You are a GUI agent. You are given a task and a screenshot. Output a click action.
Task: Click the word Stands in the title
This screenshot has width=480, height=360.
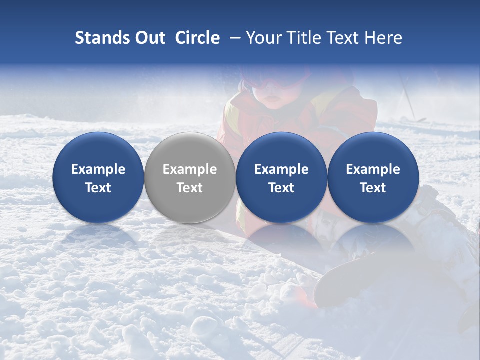pos(100,38)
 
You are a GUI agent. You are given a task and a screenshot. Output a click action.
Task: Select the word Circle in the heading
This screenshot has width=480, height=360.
pos(197,38)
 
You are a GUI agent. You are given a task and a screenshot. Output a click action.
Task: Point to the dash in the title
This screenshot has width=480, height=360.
pos(235,38)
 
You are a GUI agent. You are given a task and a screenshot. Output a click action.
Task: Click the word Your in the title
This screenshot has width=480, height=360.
pos(262,38)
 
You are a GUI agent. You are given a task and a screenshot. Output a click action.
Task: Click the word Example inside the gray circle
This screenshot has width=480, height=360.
pos(189,169)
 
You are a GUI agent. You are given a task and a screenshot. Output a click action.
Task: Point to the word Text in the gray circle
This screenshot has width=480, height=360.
pos(189,188)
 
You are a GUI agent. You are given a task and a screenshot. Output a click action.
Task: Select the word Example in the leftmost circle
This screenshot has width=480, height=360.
pos(98,169)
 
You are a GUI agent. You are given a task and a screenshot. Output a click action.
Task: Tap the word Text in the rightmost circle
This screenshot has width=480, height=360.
pos(373,188)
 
